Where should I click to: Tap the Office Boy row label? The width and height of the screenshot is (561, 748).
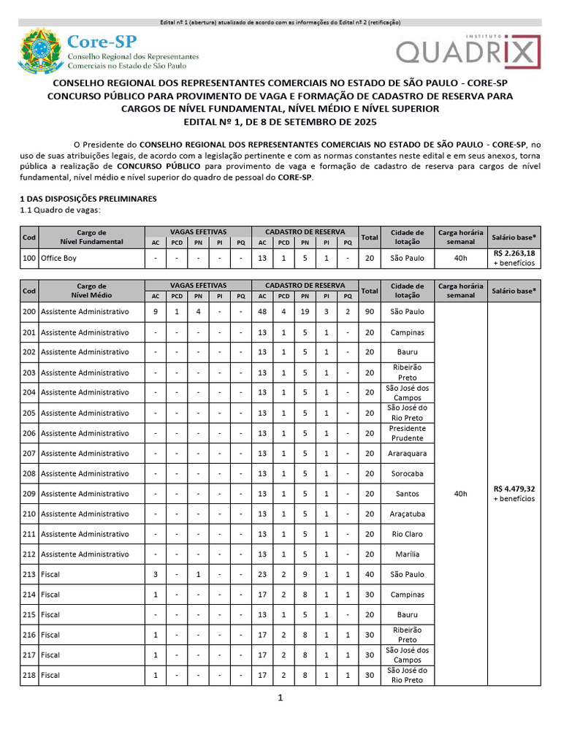click(58, 258)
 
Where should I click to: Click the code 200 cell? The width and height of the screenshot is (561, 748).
click(29, 311)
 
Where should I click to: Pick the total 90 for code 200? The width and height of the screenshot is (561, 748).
click(370, 311)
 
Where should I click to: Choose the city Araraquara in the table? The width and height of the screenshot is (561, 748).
click(407, 453)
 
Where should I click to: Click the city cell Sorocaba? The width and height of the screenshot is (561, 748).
click(407, 473)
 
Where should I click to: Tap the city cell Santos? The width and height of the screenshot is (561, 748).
click(407, 494)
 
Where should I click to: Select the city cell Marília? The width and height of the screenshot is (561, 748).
click(407, 554)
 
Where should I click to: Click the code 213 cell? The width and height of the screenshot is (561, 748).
click(29, 574)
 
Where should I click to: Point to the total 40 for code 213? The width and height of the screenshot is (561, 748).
click(370, 574)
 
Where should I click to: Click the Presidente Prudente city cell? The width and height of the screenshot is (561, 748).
click(407, 433)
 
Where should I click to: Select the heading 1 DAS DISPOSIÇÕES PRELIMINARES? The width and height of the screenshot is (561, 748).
click(88, 199)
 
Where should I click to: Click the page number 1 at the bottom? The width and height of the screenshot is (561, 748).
click(280, 698)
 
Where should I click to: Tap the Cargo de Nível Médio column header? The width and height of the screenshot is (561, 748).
click(91, 291)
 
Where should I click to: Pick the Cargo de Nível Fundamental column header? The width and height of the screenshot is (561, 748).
click(91, 237)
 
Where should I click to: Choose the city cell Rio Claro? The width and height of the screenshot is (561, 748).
click(407, 534)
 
